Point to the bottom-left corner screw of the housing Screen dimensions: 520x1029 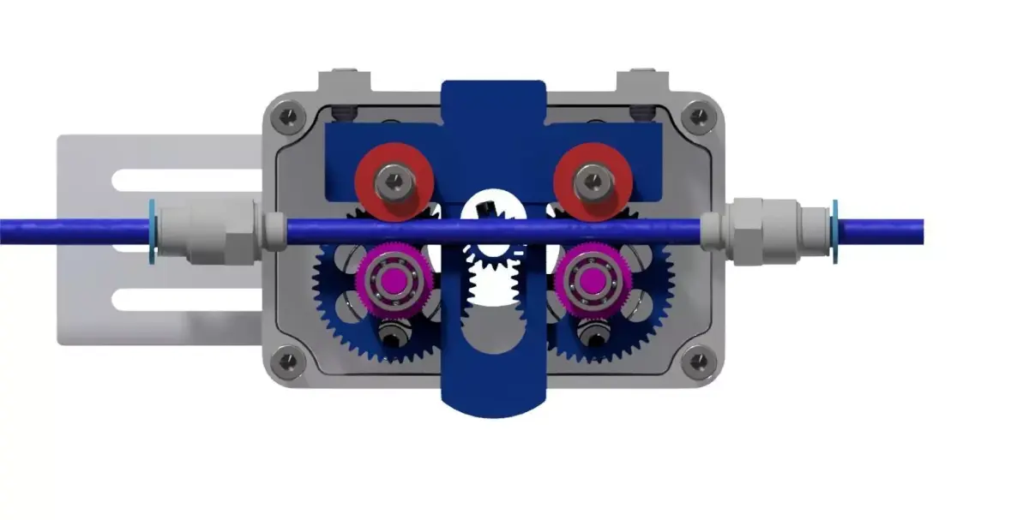point(289,362)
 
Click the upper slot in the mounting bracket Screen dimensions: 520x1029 point(184,180)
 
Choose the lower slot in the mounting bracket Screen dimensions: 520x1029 point(184,299)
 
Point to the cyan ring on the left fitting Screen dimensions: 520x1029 point(152,231)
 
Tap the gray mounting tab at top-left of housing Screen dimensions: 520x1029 point(346,82)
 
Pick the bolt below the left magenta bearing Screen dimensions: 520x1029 point(392,336)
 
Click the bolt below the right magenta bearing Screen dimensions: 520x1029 point(591,336)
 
